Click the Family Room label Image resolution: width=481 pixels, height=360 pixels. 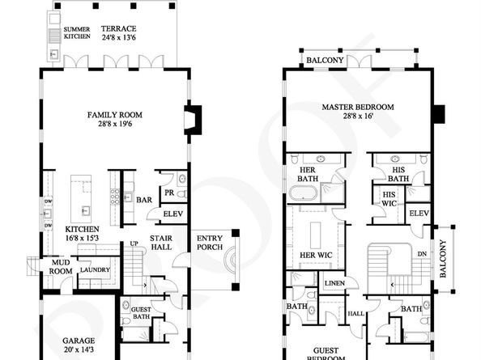pyautogui.click(x=115, y=115)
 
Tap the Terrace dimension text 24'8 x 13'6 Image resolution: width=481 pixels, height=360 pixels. pyautogui.click(x=118, y=38)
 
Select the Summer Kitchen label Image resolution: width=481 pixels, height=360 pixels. pyautogui.click(x=77, y=33)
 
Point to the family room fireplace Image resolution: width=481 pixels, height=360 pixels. pyautogui.click(x=193, y=120)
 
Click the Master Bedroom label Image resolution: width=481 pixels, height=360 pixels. pyautogui.click(x=358, y=108)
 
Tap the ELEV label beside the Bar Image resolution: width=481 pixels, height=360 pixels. pyautogui.click(x=173, y=214)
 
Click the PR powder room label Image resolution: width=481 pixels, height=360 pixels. pyautogui.click(x=169, y=193)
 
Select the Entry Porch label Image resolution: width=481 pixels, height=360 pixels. pyautogui.click(x=210, y=243)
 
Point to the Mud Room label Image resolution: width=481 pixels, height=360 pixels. pyautogui.click(x=61, y=267)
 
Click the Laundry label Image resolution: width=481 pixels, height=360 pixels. pyautogui.click(x=95, y=269)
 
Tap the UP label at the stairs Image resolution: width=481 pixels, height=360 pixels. pyautogui.click(x=134, y=244)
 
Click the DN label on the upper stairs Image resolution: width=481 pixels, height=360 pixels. pyautogui.click(x=422, y=254)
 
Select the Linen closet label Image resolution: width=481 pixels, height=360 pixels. pyautogui.click(x=334, y=283)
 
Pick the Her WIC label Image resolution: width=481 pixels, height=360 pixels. pyautogui.click(x=316, y=255)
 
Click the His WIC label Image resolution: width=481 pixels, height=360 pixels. pyautogui.click(x=389, y=199)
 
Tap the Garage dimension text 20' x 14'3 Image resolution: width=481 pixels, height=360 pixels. pyautogui.click(x=79, y=349)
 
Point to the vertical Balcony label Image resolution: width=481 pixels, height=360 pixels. pyautogui.click(x=443, y=259)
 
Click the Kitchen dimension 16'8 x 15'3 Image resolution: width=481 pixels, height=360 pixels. pyautogui.click(x=82, y=238)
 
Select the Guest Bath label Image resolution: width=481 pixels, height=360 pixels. pyautogui.click(x=141, y=313)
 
